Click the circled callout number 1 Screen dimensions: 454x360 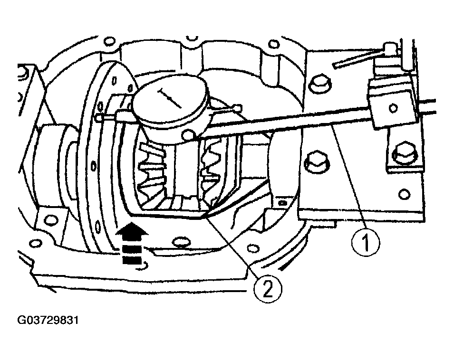(x=366, y=242)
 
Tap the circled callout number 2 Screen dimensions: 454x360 (x=268, y=289)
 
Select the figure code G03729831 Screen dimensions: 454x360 (x=48, y=321)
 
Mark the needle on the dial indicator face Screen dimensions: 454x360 (x=170, y=98)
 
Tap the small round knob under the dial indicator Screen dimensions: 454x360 (x=189, y=135)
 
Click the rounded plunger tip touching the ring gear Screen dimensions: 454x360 (x=98, y=117)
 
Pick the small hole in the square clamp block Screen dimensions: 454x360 (x=393, y=108)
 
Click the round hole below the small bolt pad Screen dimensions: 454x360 (x=404, y=194)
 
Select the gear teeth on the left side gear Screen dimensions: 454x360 (x=152, y=171)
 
